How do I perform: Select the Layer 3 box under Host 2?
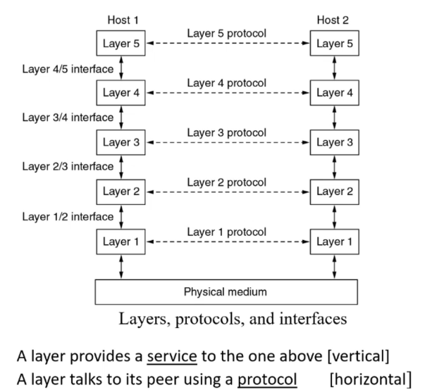(334, 142)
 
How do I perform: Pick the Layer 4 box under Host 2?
(334, 92)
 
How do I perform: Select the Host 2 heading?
(334, 22)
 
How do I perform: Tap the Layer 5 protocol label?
(226, 33)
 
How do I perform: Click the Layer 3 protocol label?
(226, 132)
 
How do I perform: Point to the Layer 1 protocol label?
(226, 232)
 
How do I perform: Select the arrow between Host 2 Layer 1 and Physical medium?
(334, 266)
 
